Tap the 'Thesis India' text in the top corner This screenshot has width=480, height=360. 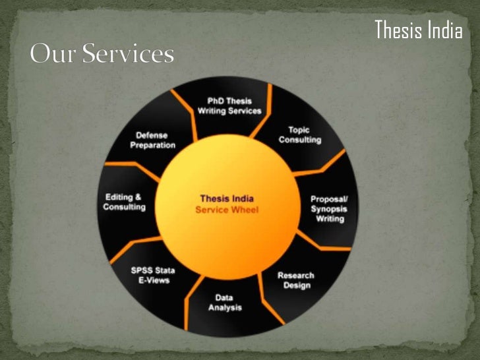[x=418, y=30]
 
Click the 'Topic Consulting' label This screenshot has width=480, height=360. [x=300, y=135]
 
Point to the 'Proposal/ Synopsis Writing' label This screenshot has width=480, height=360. [x=330, y=209]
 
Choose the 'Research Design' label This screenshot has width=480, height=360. [x=295, y=280]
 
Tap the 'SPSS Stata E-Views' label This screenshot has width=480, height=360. [x=150, y=275]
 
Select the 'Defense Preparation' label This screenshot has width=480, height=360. [x=152, y=140]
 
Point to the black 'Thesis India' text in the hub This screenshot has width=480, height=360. [x=227, y=198]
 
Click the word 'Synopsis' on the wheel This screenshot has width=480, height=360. [x=330, y=209]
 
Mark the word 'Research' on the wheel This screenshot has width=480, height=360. [x=295, y=276]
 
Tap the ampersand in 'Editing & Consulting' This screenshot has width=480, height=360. [x=138, y=197]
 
